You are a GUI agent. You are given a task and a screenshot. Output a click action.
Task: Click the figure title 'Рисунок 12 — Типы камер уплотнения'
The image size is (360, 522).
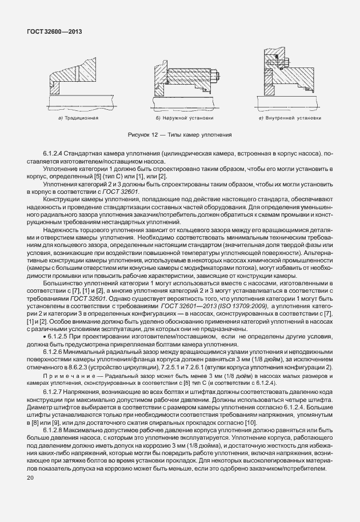[x=180, y=136]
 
